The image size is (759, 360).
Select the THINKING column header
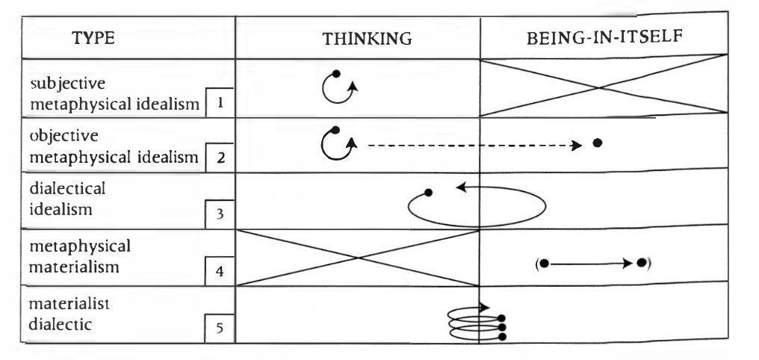pyautogui.click(x=367, y=40)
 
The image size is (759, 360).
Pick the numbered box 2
pyautogui.click(x=220, y=158)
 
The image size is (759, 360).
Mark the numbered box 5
pyautogui.click(x=220, y=326)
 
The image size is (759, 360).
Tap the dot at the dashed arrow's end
pyautogui.click(x=597, y=143)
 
